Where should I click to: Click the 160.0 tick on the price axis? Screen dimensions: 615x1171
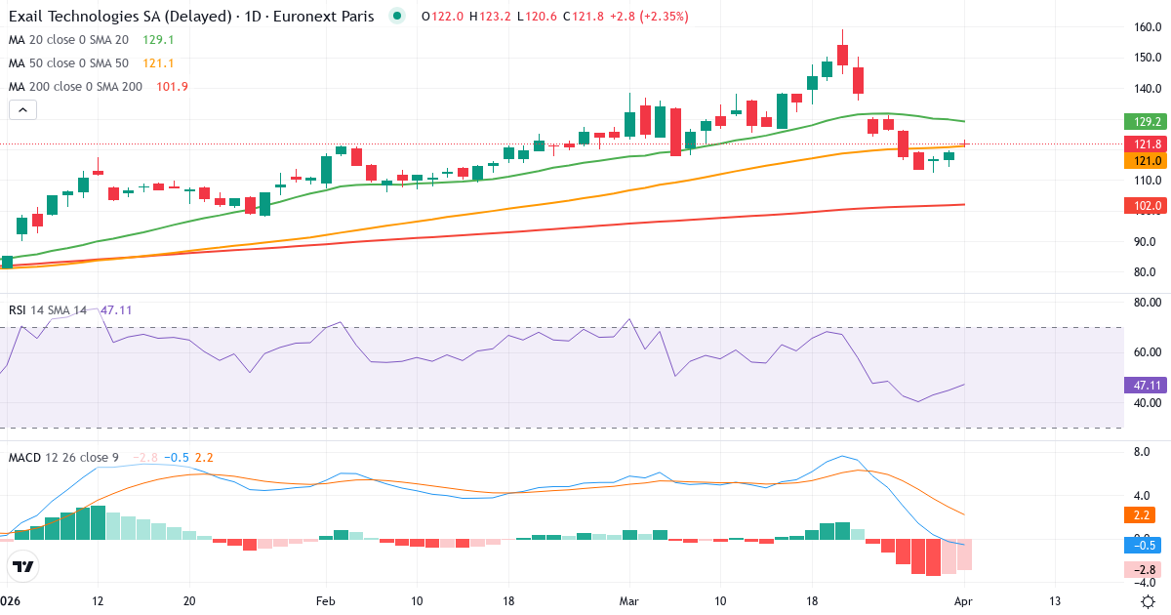coord(1147,27)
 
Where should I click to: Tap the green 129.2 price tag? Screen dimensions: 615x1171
coord(1144,122)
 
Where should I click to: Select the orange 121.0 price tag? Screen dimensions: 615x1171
coord(1144,161)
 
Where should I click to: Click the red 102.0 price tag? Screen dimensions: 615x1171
coord(1144,206)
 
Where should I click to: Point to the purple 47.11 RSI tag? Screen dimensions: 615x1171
coord(1144,385)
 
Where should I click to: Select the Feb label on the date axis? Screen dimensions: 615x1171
coord(325,600)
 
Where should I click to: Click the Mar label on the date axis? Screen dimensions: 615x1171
coord(627,600)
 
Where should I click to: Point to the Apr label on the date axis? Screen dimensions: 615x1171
coord(963,600)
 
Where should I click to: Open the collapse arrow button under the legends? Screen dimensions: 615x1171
coord(22,110)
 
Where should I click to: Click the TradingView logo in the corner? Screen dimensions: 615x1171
coord(23,566)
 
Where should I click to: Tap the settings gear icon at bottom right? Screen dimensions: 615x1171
coord(1148,600)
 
